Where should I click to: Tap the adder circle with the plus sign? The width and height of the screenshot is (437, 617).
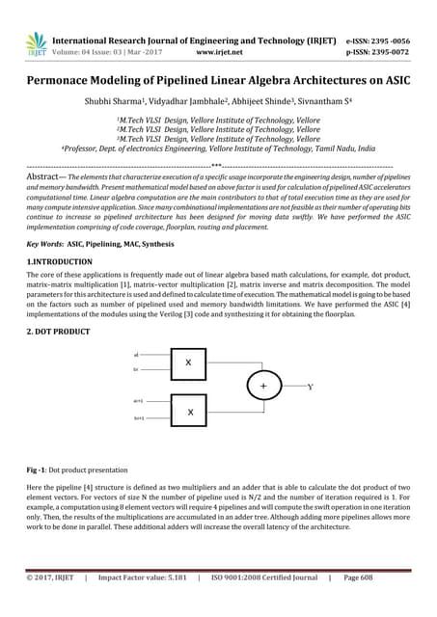(261, 387)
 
